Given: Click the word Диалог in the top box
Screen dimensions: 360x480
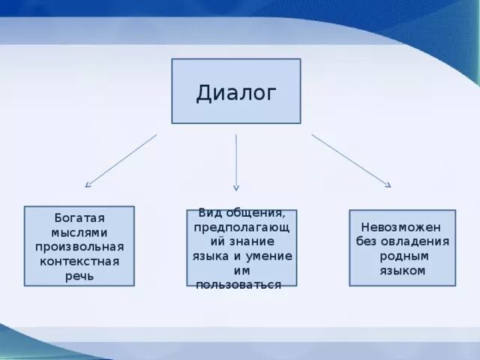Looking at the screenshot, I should click(236, 93).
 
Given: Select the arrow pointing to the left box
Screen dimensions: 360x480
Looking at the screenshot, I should click(121, 160).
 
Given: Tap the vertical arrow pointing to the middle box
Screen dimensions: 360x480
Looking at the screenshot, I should click(236, 162).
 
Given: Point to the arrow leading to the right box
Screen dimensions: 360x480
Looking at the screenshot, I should click(351, 160).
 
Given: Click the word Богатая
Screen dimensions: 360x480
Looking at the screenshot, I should click(79, 218).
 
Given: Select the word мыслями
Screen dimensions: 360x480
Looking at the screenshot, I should click(79, 232).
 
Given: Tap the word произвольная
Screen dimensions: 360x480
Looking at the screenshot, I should click(79, 247).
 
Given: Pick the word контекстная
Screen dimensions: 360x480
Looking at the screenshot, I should click(79, 261).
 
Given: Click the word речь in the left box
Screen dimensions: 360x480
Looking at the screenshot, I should click(79, 276).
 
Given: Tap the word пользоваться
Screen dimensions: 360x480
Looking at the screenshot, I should click(238, 284).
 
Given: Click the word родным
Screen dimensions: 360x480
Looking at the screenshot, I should click(403, 256).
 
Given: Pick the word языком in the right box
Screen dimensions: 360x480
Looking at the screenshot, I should click(403, 271).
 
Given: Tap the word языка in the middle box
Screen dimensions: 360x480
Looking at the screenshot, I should click(210, 256).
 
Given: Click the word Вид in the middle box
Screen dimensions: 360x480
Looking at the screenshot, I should click(209, 213).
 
